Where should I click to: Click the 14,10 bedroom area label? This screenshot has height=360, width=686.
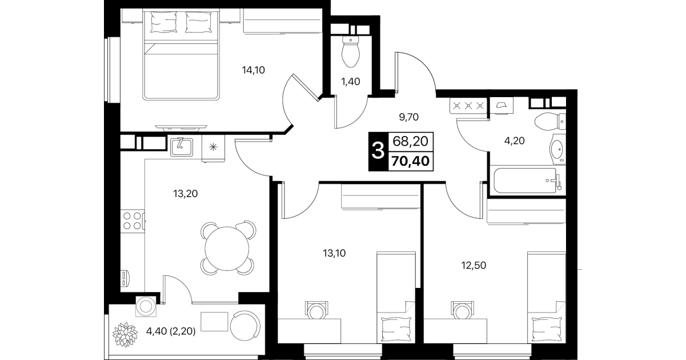point(253,70)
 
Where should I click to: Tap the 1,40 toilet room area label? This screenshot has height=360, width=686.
point(351,82)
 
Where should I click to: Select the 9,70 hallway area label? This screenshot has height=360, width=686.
point(408,117)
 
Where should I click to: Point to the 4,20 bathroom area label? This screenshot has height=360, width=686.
point(514,141)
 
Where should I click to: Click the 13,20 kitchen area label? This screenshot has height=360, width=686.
point(185,194)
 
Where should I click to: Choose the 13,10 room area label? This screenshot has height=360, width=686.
point(334,253)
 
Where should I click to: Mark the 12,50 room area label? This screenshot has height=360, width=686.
point(474,265)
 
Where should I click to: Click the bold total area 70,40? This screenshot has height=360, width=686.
point(410,161)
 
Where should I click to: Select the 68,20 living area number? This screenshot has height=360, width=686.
point(410,142)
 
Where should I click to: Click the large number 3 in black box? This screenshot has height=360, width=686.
point(378,151)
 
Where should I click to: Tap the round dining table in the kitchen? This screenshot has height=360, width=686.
point(227,248)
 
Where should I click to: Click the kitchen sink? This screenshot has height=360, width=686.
point(182,147)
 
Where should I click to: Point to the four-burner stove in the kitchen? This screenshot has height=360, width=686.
point(133,221)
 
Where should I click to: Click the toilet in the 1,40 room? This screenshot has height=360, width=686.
point(350,51)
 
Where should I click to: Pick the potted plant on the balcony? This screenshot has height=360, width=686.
point(125,334)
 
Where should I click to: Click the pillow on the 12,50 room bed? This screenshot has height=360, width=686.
point(547,329)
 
